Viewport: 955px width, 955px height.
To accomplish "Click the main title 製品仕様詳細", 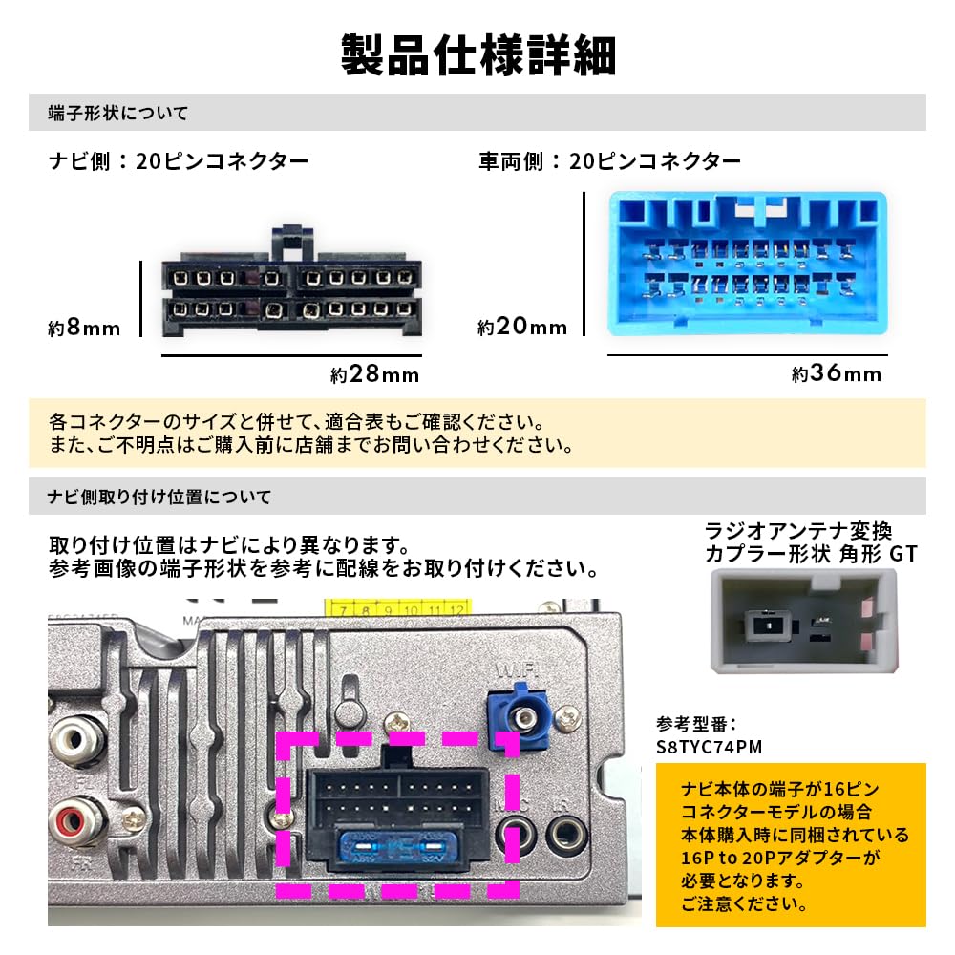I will (477, 55).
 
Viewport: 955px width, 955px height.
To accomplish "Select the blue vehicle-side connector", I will (748, 264).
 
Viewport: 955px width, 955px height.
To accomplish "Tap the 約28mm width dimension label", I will (375, 374).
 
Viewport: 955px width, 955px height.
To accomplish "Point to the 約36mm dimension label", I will (837, 374).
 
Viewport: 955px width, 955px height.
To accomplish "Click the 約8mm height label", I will (84, 329).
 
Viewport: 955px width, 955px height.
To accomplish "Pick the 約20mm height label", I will (522, 328).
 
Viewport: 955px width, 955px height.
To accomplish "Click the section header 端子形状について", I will (118, 113).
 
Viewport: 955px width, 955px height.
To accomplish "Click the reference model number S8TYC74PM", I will (710, 746).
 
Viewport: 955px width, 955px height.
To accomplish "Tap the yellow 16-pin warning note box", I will (791, 844).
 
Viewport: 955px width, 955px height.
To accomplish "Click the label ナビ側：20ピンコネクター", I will (179, 161).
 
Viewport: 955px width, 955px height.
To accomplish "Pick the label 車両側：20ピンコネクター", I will (609, 161).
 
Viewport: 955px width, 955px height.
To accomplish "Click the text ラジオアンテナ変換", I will (797, 530).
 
